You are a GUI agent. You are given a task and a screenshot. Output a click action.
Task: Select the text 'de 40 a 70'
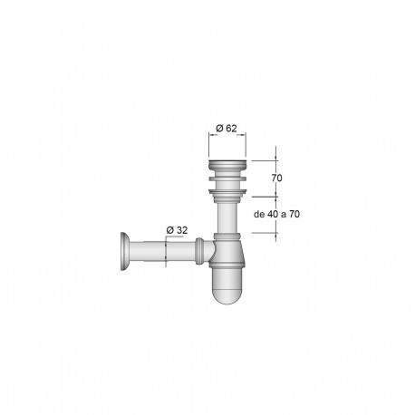(x=277, y=215)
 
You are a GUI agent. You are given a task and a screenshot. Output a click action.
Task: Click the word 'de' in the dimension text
(x=260, y=215)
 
